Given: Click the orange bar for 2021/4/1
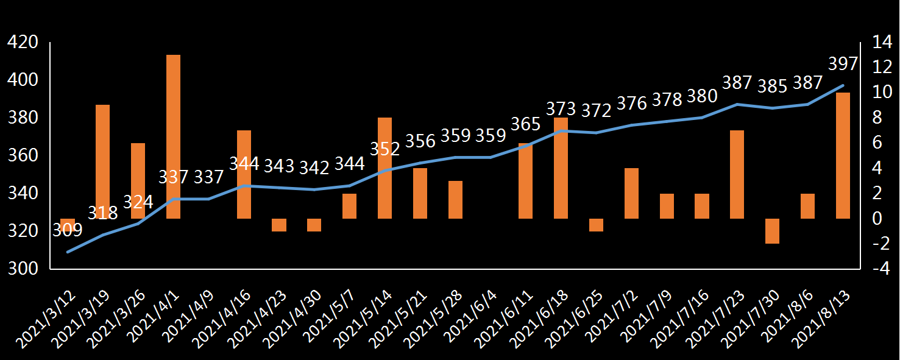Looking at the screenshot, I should pos(173,136).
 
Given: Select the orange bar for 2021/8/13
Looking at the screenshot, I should pos(843,155).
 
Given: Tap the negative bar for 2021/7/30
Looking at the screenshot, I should pos(772,231).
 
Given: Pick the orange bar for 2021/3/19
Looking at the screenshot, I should pos(103,161).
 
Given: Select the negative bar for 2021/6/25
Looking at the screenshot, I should pos(596,225).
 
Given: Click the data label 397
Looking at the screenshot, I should pos(843,64).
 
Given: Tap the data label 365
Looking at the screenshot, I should pos(525,124).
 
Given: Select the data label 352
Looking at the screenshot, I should pos(385,149).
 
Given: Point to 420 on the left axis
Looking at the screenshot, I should pos(22,42).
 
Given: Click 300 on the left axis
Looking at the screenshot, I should pos(22,269).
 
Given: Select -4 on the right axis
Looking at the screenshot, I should pos(880,269).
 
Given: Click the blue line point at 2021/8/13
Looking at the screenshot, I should pos(843,85).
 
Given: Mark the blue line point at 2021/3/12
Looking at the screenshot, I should pos(68,252).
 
